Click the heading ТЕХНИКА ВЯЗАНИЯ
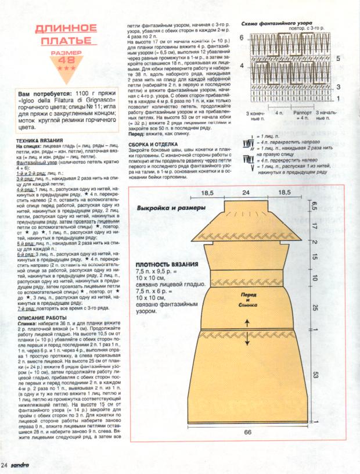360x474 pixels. click(x=39, y=141)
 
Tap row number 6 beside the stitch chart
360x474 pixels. click(x=242, y=37)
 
